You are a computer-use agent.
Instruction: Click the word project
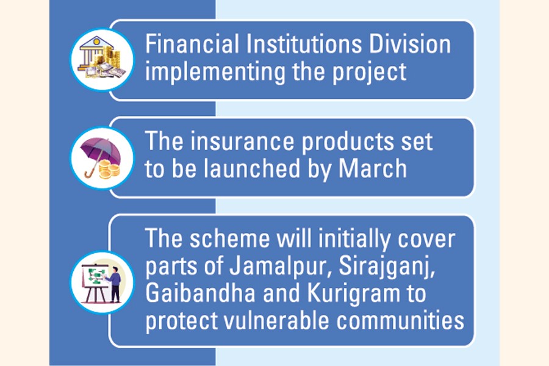click(370, 73)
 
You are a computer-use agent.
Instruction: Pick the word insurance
click(242, 141)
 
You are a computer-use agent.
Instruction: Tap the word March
click(373, 168)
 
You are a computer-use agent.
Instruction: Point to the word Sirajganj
click(387, 268)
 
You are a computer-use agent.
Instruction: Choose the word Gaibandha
click(200, 293)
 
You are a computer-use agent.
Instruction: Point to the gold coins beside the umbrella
click(109, 170)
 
